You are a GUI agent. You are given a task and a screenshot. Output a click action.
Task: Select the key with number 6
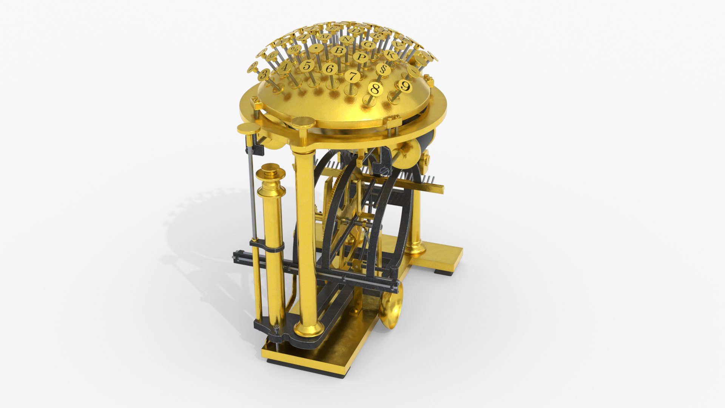click(330, 68)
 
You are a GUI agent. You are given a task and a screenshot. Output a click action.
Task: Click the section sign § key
click(383, 70)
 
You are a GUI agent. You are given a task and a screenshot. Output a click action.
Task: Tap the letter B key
click(338, 51)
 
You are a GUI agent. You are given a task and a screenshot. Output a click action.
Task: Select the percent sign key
click(294, 49)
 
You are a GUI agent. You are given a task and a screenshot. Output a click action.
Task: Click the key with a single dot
click(316, 48)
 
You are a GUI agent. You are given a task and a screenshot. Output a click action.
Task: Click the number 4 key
click(285, 67)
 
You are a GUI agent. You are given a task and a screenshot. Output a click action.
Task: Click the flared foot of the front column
click(309, 330)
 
